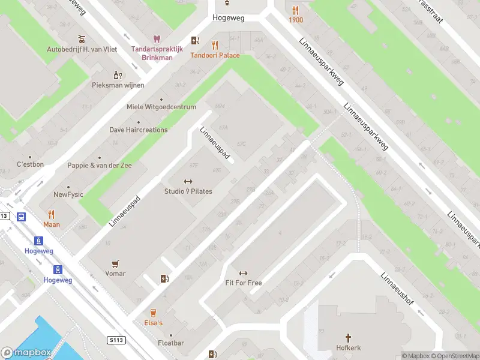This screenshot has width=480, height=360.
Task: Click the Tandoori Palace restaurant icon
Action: pyautogui.click(x=215, y=45)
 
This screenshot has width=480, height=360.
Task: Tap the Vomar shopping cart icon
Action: pyautogui.click(x=115, y=263)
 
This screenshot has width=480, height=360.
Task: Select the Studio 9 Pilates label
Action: pyautogui.click(x=188, y=191)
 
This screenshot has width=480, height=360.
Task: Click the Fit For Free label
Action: pyautogui.click(x=243, y=283)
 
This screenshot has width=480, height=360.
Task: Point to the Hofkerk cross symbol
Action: pyautogui.click(x=348, y=337)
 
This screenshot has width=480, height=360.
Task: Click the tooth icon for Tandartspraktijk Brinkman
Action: pyautogui.click(x=157, y=39)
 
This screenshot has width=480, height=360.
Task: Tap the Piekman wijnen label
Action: pyautogui.click(x=118, y=85)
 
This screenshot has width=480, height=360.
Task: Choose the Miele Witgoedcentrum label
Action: pyautogui.click(x=161, y=107)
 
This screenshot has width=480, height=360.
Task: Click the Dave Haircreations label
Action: pyautogui.click(x=138, y=130)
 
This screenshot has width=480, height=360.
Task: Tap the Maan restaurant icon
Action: pyautogui.click(x=52, y=214)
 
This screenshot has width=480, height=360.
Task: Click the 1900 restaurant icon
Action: pyautogui.click(x=295, y=10)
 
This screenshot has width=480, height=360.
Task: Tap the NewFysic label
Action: pyautogui.click(x=68, y=194)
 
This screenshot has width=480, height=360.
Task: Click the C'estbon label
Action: pyautogui.click(x=30, y=164)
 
